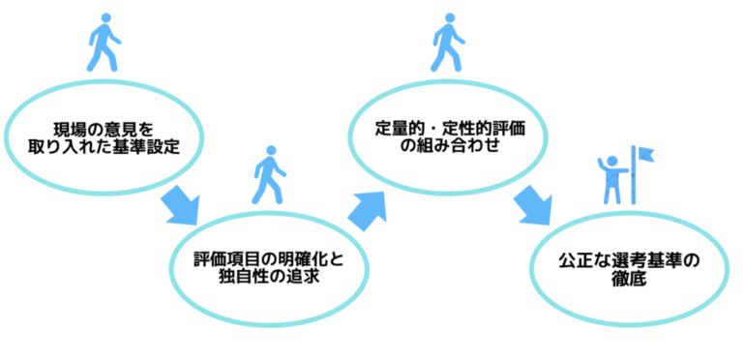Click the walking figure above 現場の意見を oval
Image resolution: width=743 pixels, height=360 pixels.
tap(102, 44)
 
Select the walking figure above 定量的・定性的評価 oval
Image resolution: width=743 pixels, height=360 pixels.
tap(445, 44)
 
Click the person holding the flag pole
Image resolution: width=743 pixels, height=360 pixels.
tap(611, 177)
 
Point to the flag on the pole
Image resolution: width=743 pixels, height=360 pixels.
tap(645, 154)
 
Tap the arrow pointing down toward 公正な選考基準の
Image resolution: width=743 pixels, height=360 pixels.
tap(531, 205)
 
